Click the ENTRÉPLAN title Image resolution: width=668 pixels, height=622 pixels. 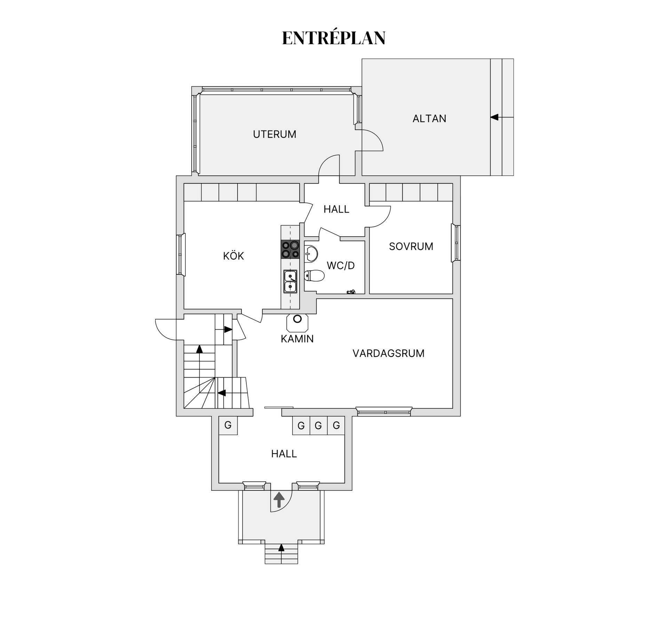[x=334, y=38]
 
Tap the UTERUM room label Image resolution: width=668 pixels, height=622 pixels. [x=275, y=134]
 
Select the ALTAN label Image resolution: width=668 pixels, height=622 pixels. [x=429, y=119]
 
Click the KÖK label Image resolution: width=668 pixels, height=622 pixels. [x=233, y=256]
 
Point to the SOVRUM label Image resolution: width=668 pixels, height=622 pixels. [x=411, y=246]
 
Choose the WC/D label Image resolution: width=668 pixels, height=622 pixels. [x=341, y=266]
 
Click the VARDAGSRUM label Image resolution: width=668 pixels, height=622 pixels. [x=388, y=353]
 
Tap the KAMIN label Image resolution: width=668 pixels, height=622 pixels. [x=297, y=339]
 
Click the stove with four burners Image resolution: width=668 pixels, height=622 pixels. [x=290, y=250]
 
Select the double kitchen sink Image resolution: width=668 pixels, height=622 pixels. [x=290, y=281]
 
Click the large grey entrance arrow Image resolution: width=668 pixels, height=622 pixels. [x=279, y=499]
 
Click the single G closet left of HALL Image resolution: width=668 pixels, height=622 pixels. [x=228, y=425]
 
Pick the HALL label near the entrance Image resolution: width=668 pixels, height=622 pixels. [x=284, y=454]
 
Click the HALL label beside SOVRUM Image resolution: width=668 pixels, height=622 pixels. [x=336, y=209]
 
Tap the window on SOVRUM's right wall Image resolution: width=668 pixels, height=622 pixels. [x=456, y=243]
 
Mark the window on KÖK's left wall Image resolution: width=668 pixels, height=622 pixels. [x=181, y=254]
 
